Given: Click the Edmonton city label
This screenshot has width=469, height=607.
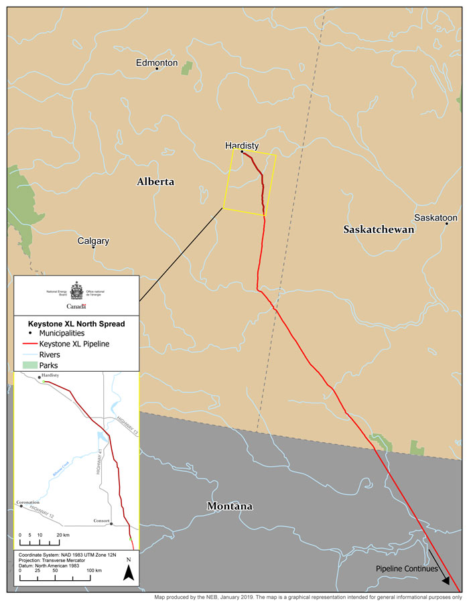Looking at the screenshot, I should tap(156, 62).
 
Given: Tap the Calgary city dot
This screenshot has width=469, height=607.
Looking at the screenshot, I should tap(94, 247).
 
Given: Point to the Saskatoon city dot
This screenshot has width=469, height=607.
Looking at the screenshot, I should tap(447, 224).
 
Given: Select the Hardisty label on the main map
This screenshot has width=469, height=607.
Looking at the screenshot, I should tap(242, 145).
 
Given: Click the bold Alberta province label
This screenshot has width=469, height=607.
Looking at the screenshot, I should tap(155, 182).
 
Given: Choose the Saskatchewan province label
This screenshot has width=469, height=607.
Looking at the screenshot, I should tap(379, 229).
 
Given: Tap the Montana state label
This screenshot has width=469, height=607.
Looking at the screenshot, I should tap(229, 506).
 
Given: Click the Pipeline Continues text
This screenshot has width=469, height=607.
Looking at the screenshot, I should tap(406, 569).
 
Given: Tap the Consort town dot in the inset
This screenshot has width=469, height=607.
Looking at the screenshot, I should tap(111, 523).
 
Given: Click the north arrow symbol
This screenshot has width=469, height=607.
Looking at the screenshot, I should tap(129, 571).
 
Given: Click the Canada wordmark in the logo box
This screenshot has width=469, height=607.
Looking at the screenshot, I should tap(76, 306).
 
